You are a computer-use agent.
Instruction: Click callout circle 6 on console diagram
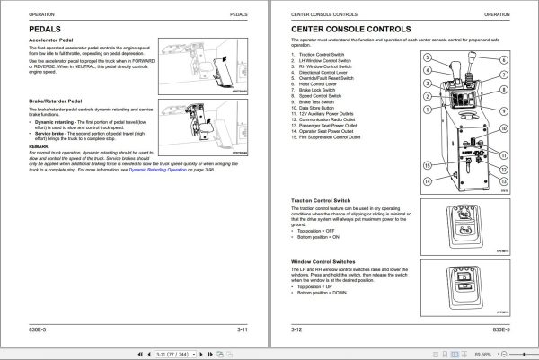pos(504,58)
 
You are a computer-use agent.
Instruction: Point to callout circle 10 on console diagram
pos(505,127)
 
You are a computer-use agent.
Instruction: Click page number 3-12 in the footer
pos(296,331)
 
